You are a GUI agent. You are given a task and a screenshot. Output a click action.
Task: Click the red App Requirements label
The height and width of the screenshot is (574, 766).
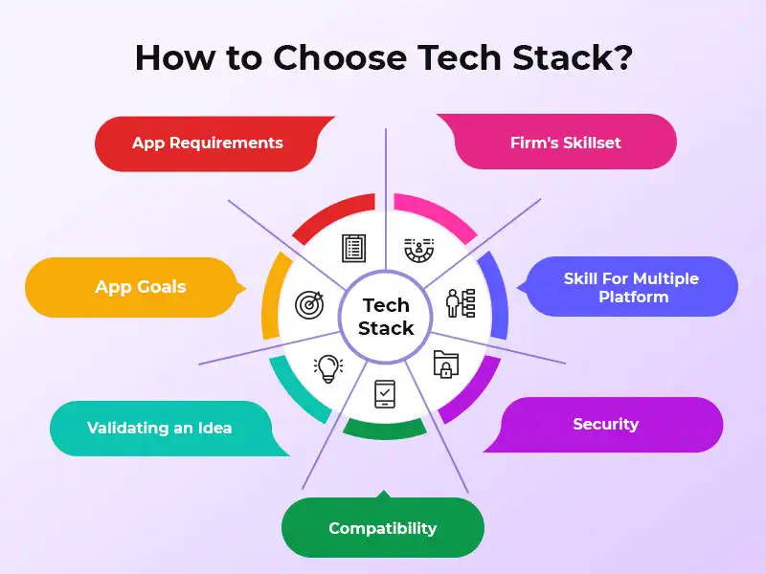208,143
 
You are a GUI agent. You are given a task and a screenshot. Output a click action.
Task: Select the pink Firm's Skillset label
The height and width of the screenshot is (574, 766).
565,143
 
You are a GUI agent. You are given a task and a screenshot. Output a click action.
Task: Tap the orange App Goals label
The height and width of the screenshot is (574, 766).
140,287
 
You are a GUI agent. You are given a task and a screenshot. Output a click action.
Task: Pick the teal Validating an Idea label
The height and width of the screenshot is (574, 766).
160,428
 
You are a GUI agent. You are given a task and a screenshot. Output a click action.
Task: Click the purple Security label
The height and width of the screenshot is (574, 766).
605,424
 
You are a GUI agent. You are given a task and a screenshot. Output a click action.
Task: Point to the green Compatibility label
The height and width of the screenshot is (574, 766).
382,528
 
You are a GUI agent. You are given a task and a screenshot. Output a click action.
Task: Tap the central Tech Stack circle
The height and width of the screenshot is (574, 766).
385,317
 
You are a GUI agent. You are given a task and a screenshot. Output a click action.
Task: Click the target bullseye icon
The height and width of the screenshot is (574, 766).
309,306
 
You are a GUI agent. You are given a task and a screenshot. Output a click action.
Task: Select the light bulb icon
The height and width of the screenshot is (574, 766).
328,367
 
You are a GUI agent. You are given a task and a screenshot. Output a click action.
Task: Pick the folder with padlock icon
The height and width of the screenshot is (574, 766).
446,364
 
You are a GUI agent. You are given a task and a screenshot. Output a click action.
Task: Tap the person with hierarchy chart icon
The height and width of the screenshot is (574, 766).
460,302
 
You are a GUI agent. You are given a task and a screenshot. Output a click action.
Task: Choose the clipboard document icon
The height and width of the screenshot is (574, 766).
353,249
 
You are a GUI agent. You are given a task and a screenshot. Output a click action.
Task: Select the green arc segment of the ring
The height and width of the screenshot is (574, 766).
385,429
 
